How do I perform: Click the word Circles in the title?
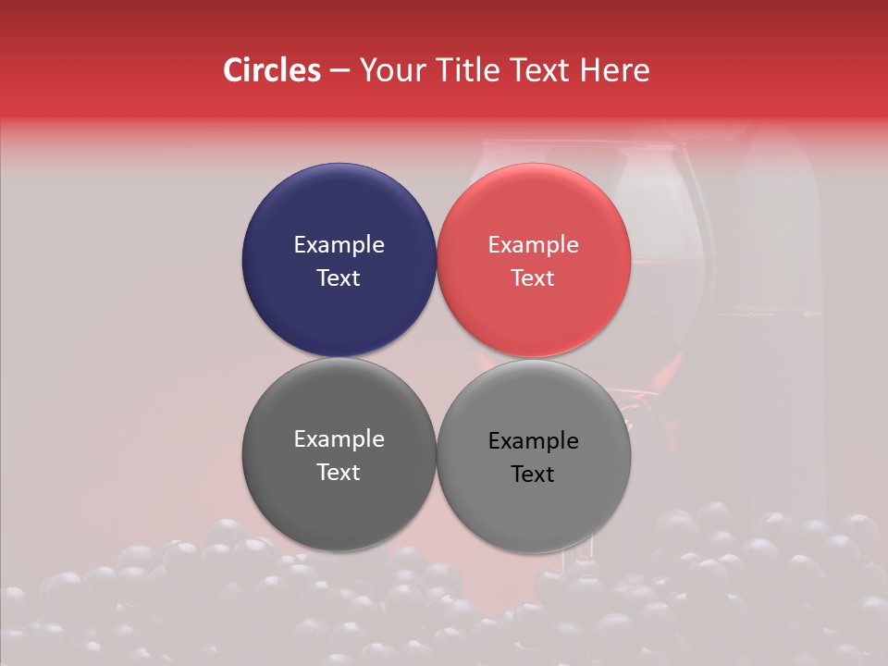point(272,70)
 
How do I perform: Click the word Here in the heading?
point(614,70)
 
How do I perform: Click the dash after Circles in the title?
point(339,71)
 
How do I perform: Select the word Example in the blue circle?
point(339,245)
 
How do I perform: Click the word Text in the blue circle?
point(339,278)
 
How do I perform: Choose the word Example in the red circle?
point(534,245)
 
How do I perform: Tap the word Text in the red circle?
point(534,278)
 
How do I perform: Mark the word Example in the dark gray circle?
point(339,439)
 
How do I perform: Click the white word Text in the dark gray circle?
point(339,473)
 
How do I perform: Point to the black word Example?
point(534,441)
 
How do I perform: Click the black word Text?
point(534,475)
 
